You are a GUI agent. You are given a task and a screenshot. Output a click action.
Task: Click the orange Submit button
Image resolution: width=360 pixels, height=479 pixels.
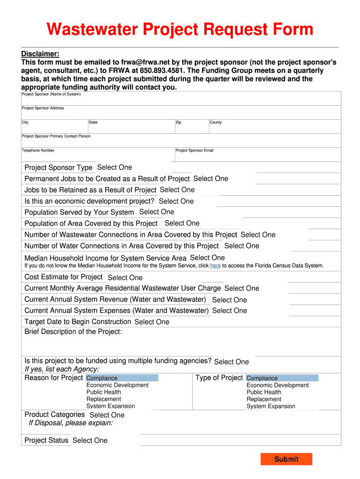tap(286, 459)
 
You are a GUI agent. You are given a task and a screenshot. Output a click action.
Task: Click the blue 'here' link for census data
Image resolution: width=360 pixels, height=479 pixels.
tap(215, 266)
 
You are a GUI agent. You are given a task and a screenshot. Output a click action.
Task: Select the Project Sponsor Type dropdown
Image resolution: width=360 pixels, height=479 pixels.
tap(115, 167)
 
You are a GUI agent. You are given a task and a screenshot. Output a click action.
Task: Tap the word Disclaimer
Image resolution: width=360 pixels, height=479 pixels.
tap(40, 54)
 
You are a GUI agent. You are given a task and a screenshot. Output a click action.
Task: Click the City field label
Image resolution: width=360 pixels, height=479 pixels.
tap(25, 123)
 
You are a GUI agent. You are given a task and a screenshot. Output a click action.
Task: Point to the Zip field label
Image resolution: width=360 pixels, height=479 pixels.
tap(179, 123)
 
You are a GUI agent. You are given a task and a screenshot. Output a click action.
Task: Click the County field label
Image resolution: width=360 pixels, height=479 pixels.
tap(216, 123)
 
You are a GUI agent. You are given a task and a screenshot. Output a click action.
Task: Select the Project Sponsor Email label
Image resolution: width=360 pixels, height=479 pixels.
tap(194, 151)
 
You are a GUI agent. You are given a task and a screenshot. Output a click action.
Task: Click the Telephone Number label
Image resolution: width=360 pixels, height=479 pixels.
tap(38, 151)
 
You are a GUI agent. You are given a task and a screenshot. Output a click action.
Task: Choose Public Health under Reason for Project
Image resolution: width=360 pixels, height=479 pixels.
tap(103, 392)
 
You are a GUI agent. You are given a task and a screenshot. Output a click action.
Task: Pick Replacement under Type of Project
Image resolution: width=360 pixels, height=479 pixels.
tap(264, 399)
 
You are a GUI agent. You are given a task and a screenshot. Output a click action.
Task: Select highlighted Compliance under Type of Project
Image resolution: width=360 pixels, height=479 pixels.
tap(262, 378)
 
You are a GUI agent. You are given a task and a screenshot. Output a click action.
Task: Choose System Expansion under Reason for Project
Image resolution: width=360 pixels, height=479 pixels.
tap(110, 406)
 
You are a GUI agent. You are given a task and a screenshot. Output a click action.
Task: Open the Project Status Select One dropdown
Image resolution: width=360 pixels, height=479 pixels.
tap(90, 441)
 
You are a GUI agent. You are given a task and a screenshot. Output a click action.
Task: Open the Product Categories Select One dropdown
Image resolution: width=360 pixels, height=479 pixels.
tap(107, 415)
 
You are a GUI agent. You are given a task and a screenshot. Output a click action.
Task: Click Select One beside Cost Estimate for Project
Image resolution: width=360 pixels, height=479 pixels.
tap(125, 278)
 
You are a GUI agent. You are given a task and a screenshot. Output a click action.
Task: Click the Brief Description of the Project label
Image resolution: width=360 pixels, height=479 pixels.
tap(73, 332)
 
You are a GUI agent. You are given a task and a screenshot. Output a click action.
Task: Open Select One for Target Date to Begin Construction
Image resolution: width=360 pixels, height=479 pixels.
tap(151, 322)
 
